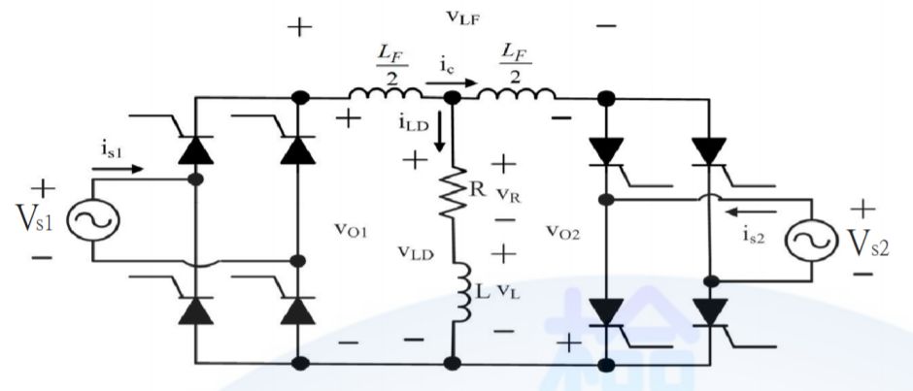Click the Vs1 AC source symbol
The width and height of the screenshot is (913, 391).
[x=94, y=221]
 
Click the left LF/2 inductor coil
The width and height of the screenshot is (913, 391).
[x=386, y=94]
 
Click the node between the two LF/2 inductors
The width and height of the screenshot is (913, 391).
[x=452, y=97]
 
